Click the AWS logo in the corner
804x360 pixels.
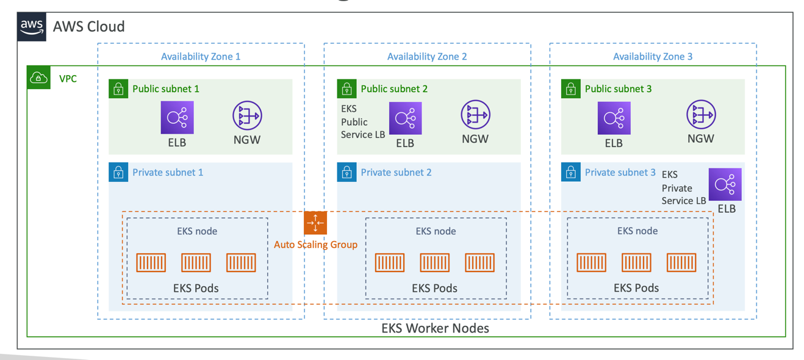pyautogui.click(x=31, y=27)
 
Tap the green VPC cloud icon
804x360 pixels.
pyautogui.click(x=38, y=77)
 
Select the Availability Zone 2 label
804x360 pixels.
pyautogui.click(x=427, y=57)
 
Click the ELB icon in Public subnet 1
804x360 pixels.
pyautogui.click(x=177, y=117)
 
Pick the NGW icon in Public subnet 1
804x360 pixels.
pyautogui.click(x=247, y=116)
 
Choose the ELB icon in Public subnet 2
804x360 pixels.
pyautogui.click(x=405, y=118)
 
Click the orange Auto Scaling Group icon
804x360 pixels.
pyautogui.click(x=315, y=223)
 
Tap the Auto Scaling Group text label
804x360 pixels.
pyautogui.click(x=315, y=245)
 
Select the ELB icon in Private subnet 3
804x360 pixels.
pyautogui.click(x=725, y=184)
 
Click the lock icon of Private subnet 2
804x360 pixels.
pyautogui.click(x=347, y=172)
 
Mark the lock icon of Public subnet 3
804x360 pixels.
pyautogui.click(x=571, y=89)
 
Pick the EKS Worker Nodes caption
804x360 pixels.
pyautogui.click(x=435, y=328)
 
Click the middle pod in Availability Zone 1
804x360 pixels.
pyautogui.click(x=196, y=262)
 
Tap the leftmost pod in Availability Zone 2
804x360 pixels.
pyautogui.click(x=390, y=262)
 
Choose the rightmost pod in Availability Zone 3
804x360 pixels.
pyautogui.click(x=681, y=262)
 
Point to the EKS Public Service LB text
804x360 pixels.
pyautogui.click(x=362, y=121)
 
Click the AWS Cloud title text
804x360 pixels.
pyautogui.click(x=89, y=27)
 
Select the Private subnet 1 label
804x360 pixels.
pyautogui.click(x=168, y=173)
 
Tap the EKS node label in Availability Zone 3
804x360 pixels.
pyautogui.click(x=637, y=231)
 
